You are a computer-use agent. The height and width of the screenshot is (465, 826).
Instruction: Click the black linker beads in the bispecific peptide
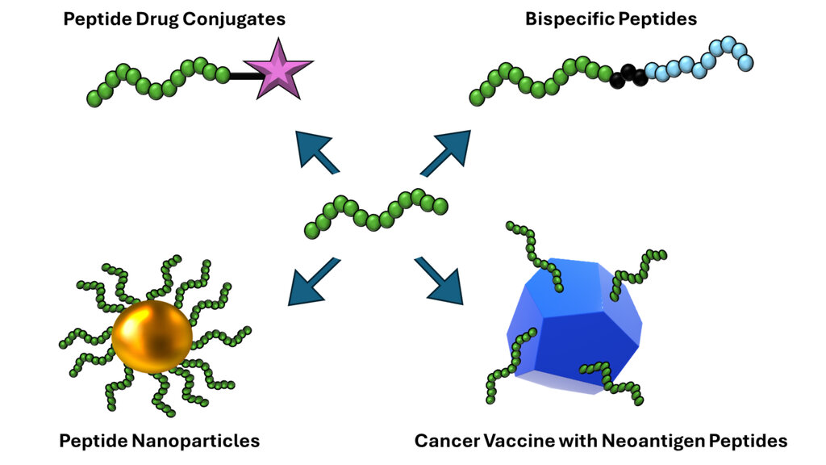628,77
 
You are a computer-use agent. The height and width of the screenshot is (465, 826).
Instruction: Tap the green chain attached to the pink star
157,81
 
